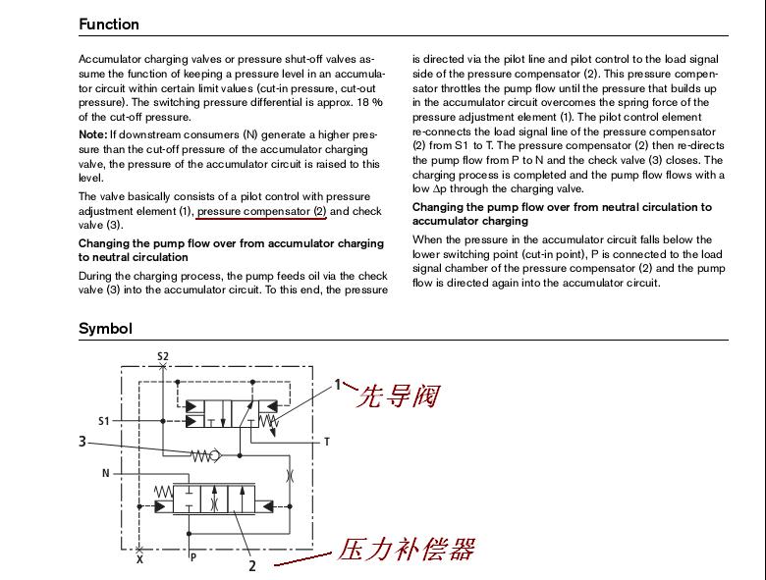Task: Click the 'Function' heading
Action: (x=109, y=24)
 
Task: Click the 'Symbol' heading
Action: (x=105, y=329)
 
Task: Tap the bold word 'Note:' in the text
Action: (x=93, y=133)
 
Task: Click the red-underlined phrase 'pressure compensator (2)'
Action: (x=261, y=211)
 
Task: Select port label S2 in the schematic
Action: (x=163, y=356)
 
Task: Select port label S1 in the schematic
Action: (x=104, y=421)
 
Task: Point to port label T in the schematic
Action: (x=327, y=443)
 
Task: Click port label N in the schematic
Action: (x=105, y=473)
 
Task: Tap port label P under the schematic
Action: (x=193, y=556)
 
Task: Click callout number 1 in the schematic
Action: (x=338, y=384)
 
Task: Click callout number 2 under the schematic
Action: (x=252, y=566)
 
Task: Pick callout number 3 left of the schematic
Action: (x=82, y=442)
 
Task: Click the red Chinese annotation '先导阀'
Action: (x=396, y=395)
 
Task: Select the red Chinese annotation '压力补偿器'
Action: (x=406, y=549)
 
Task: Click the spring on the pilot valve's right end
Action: (x=272, y=422)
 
